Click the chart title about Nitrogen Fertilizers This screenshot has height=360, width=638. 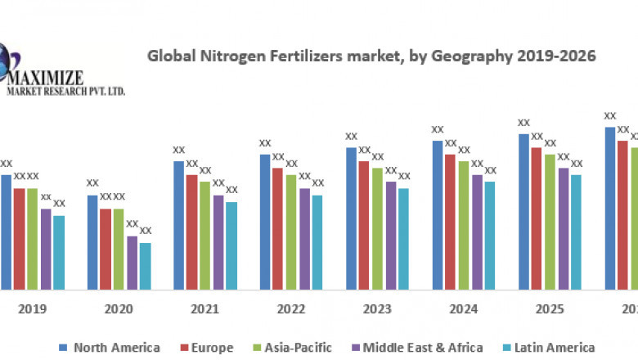(371, 56)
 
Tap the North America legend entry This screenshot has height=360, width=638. (110, 348)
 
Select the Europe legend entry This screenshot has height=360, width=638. (206, 348)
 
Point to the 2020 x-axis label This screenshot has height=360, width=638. (119, 310)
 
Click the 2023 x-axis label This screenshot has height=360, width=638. (378, 310)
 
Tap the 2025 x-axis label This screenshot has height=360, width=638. (550, 310)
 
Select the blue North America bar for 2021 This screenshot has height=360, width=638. (178, 225)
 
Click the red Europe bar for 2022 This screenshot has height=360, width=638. (278, 228)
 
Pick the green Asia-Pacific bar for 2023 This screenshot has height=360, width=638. (377, 228)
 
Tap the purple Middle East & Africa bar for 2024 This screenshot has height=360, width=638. (477, 232)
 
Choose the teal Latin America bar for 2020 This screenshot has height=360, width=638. (145, 266)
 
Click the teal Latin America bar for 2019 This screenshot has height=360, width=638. (59, 252)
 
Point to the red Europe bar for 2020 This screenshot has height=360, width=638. (106, 249)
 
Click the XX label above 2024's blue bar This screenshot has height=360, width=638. (438, 129)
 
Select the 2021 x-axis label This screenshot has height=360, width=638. (205, 310)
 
